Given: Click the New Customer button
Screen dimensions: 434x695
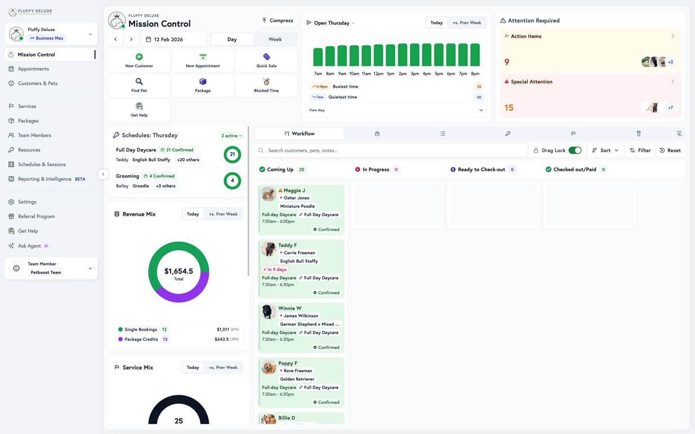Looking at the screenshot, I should (x=139, y=60).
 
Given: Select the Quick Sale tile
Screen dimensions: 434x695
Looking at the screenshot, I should (x=266, y=60).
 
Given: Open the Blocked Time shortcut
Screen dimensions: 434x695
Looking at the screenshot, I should (x=266, y=85).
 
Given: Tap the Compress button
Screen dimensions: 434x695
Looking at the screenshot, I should (x=277, y=20).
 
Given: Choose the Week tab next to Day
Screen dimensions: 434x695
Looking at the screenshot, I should (x=275, y=40).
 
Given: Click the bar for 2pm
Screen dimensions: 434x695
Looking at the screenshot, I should (x=403, y=55).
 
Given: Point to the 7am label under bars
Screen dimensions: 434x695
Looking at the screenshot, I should (x=318, y=73).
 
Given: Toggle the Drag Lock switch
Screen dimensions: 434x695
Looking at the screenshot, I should (x=575, y=150).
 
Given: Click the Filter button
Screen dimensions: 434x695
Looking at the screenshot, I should (x=640, y=150).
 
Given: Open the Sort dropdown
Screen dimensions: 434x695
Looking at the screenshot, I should (x=605, y=150).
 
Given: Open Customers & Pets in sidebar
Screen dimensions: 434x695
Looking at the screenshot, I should (x=37, y=84).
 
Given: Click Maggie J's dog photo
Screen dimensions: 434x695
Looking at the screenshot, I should (x=269, y=194).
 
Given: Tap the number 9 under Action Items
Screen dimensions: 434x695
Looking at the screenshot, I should (x=507, y=62).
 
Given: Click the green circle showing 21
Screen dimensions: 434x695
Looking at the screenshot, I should (x=232, y=154).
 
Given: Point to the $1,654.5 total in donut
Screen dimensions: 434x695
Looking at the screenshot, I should (x=178, y=272).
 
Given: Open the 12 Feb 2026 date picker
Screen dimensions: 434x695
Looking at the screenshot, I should (x=174, y=40).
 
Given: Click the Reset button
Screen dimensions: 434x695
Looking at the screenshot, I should (x=670, y=150).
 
